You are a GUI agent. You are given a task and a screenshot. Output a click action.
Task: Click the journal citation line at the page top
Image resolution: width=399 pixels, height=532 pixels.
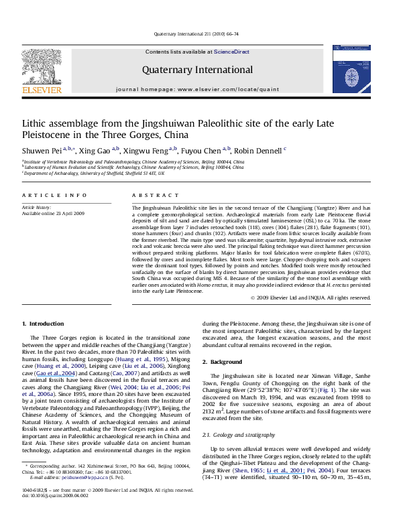click(199, 32)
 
